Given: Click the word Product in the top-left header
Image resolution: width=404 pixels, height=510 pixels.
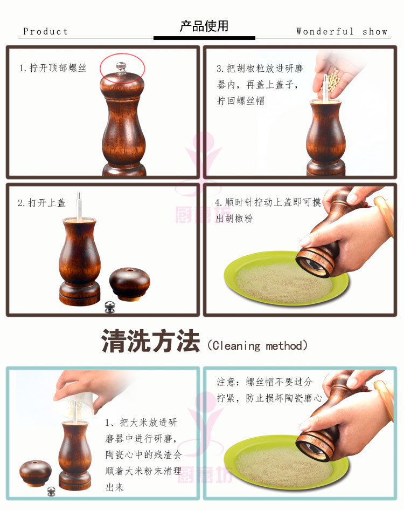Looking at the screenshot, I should point(45,31).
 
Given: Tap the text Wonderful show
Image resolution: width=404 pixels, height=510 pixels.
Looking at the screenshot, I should point(342,31).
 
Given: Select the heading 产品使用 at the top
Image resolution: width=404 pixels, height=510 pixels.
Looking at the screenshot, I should point(204,26).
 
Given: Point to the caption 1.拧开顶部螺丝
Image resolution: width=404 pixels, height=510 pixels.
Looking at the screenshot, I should point(53,68).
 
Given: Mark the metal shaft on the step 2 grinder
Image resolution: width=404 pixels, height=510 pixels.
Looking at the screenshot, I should point(79,206).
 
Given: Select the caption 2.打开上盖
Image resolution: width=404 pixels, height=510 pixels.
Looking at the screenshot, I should point(41,203).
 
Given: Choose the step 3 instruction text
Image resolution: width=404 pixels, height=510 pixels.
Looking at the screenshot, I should point(260,85).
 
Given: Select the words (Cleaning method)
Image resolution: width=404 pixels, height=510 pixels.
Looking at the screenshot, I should point(257,345).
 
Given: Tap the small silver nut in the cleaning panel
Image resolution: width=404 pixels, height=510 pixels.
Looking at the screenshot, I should point(51,491).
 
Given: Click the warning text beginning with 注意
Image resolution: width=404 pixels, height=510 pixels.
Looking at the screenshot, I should point(264,390).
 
